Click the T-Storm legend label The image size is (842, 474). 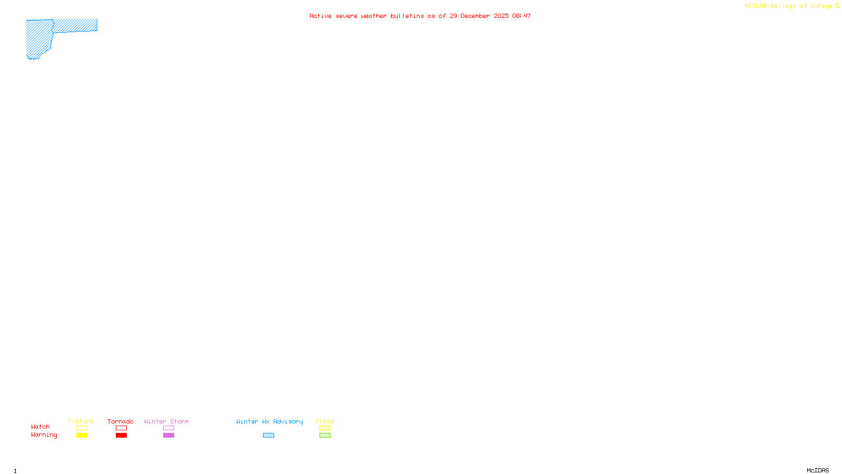click(x=81, y=421)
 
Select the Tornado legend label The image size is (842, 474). click(x=121, y=421)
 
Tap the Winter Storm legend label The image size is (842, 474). click(x=166, y=421)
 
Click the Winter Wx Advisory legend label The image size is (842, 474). click(x=269, y=421)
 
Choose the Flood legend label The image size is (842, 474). click(x=325, y=421)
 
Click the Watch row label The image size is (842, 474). click(x=41, y=427)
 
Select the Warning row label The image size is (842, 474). click(x=44, y=435)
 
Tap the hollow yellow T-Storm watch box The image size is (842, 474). click(x=82, y=428)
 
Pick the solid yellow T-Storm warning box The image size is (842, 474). click(x=82, y=436)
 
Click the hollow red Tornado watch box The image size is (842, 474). click(x=121, y=428)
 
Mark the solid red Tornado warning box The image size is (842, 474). click(x=121, y=436)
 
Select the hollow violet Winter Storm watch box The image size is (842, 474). click(x=168, y=428)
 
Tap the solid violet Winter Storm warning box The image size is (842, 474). click(x=168, y=436)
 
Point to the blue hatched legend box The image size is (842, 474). click(x=268, y=436)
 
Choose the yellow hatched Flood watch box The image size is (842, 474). click(x=325, y=428)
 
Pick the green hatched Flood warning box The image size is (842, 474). click(x=325, y=436)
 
